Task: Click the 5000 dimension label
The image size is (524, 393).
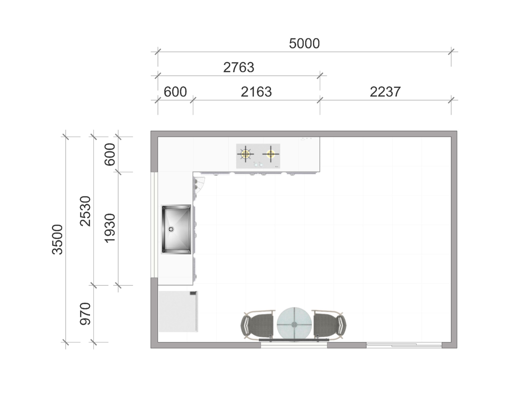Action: (304, 43)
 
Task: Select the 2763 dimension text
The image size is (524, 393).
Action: (239, 68)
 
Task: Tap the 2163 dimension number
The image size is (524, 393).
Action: (256, 92)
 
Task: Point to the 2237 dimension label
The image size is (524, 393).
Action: (385, 92)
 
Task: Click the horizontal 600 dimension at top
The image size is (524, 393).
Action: (175, 92)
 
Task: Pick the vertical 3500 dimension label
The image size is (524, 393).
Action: (57, 239)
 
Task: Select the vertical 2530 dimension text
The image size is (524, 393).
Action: (85, 211)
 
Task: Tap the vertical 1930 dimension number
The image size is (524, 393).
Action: (110, 228)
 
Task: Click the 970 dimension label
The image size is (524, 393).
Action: (85, 314)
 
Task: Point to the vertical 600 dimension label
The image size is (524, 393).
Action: (110, 154)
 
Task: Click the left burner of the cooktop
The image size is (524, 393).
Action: (245, 154)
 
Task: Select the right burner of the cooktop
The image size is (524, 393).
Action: (271, 154)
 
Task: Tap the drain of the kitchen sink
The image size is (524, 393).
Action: (171, 229)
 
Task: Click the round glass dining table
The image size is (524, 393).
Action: (294, 324)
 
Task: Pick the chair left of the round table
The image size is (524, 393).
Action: (258, 325)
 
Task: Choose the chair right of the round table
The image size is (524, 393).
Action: (330, 325)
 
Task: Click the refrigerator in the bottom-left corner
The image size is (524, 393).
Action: (178, 311)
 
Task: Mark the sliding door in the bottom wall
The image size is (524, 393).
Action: (404, 345)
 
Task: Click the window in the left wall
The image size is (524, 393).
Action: (154, 225)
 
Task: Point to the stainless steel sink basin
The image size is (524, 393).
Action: (176, 229)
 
